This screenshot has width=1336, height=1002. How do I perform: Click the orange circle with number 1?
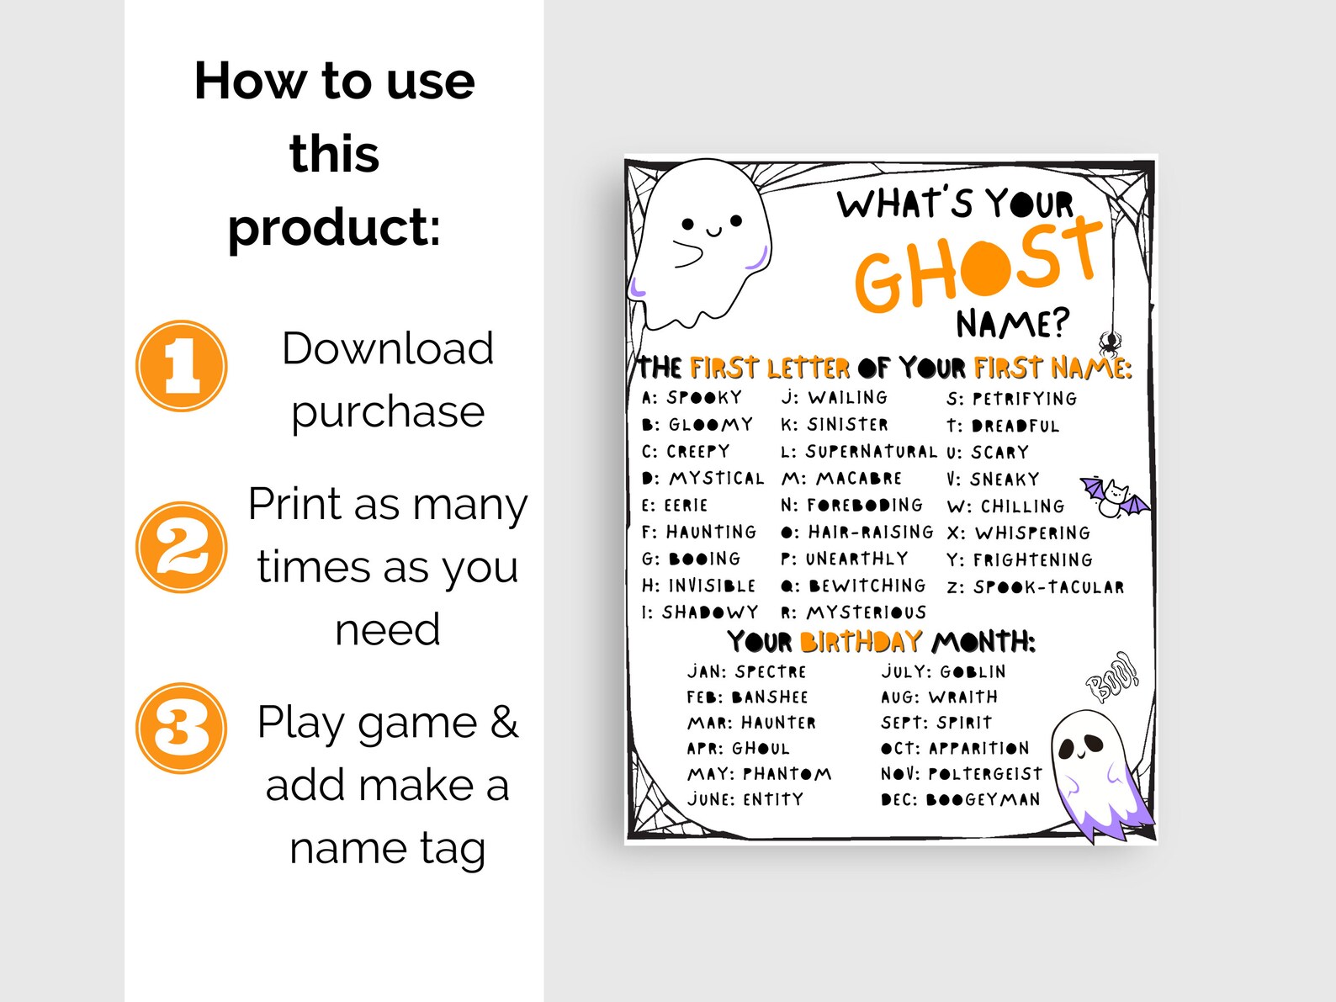(181, 366)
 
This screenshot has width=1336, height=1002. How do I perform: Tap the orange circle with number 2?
(181, 547)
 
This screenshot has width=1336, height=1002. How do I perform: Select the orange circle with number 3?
(181, 728)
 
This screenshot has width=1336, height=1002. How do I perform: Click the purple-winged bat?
(1114, 497)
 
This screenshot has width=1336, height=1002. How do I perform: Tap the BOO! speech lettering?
(1112, 676)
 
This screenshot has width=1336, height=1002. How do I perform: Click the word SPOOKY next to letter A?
(704, 397)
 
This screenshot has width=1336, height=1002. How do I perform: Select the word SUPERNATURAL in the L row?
(871, 452)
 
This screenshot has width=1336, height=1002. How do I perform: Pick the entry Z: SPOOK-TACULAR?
(1036, 587)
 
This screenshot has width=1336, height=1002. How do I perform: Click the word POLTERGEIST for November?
(985, 774)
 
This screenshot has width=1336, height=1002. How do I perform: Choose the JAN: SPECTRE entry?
(746, 671)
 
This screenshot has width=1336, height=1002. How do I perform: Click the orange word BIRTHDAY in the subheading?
(861, 642)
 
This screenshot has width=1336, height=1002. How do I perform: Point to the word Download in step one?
(387, 348)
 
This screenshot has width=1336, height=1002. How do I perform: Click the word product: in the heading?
(334, 227)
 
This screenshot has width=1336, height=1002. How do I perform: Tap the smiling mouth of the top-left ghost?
(713, 232)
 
